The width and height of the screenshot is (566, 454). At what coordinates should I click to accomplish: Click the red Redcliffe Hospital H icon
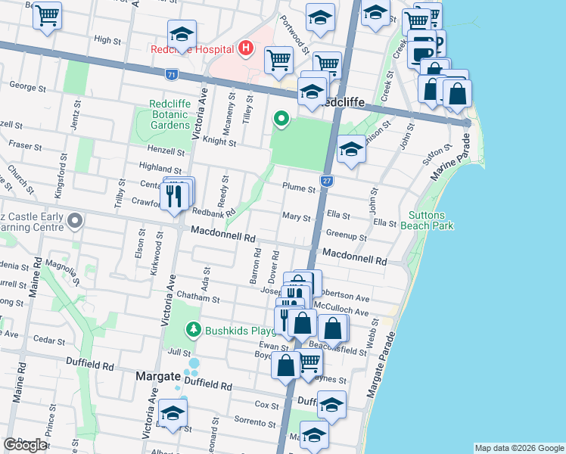pos(245,49)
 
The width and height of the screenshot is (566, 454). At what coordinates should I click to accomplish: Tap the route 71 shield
pos(173,74)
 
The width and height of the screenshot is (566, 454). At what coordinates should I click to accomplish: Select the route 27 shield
pos(326,181)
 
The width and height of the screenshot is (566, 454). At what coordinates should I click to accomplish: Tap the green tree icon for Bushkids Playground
pos(194,330)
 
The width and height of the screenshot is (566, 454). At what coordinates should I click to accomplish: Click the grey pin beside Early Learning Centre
pos(75,221)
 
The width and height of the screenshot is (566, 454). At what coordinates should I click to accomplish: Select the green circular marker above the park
pos(281,118)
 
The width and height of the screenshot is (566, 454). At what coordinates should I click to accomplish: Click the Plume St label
pos(298,188)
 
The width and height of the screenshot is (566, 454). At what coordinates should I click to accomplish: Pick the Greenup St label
pos(347,237)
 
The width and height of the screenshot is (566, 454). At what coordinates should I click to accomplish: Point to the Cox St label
pos(268,404)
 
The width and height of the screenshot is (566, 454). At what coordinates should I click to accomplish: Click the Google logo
pos(26,445)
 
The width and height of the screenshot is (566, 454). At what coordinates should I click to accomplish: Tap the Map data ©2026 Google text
pos(518,448)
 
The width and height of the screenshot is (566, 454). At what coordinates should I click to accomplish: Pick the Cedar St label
pos(49,340)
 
